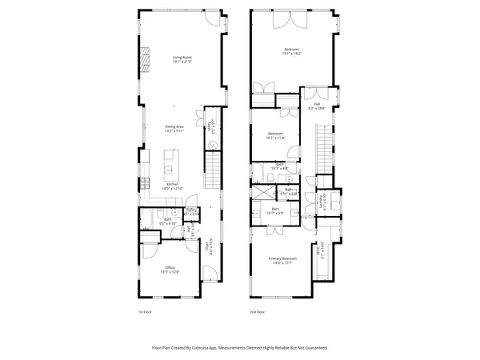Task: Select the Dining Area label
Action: point(175,126)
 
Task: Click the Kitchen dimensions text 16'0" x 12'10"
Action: point(175,189)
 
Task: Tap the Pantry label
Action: point(192,211)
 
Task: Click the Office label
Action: point(170,267)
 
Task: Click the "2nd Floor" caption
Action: point(256,311)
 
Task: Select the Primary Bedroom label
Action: point(285,258)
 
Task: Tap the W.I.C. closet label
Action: point(320,250)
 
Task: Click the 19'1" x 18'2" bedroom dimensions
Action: point(291,54)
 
